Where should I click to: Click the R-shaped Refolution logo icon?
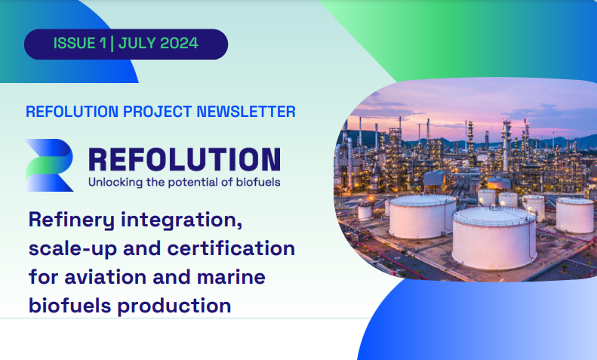click(x=49, y=164)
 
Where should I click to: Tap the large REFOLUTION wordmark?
click(x=183, y=159)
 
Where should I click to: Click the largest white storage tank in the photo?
click(x=494, y=235)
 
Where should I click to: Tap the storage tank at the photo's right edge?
click(x=575, y=214)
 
